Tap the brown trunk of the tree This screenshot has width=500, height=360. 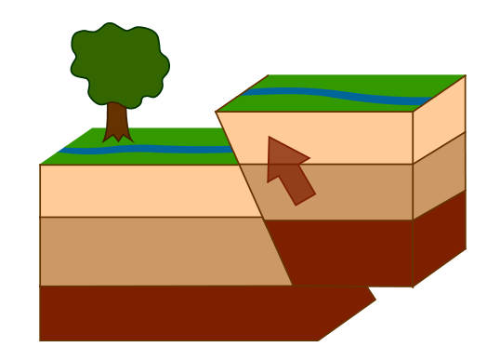pos(116,122)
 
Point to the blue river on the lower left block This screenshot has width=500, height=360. pos(149,149)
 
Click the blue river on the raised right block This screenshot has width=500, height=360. pos(335,95)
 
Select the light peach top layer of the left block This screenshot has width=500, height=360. pos(139,190)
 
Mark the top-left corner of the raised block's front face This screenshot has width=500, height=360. pos(217,113)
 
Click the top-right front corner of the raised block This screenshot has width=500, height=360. pos(413,112)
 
